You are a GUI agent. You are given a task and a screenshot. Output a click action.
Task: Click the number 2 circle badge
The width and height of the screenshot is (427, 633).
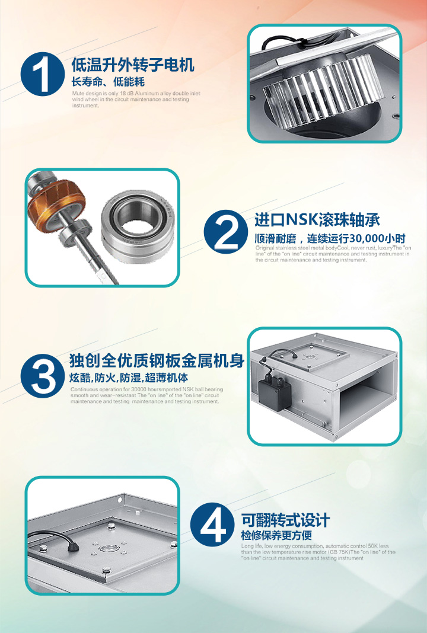pos(225,232)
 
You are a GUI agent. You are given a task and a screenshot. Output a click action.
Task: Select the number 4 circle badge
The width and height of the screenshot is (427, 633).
pos(211,525)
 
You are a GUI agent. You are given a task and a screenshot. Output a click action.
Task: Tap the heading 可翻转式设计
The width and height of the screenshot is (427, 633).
pos(285,521)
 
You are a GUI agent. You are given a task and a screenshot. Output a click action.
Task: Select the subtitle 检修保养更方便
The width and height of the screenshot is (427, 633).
pos(276,535)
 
